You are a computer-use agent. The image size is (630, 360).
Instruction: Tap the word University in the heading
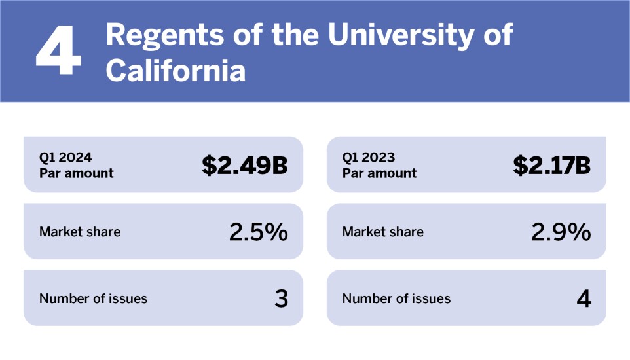pos(401,35)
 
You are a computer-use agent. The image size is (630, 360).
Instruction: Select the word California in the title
pos(176,71)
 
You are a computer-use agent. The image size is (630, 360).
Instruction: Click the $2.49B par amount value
pos(244,166)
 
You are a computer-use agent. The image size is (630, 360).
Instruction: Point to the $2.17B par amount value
pos(551,166)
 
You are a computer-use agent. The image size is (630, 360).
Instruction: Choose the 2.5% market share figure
pos(258,232)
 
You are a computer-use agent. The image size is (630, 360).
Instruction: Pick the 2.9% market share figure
pos(561,232)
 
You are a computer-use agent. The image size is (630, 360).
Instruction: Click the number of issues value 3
pos(281,298)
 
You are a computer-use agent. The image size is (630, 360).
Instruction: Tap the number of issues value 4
pos(584,298)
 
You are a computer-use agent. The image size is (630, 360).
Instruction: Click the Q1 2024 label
pos(65,158)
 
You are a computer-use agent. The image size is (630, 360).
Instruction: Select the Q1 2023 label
pos(369,158)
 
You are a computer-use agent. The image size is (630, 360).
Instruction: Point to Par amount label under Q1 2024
pos(76,173)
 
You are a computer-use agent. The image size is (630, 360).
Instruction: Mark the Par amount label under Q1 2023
pos(379,173)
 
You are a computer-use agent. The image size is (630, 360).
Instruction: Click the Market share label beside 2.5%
pos(80,232)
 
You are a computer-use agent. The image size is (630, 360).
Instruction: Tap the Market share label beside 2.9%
pos(382,232)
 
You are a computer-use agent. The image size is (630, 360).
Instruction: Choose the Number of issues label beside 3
pos(93,298)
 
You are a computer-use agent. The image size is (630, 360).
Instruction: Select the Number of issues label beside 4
pos(396,298)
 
